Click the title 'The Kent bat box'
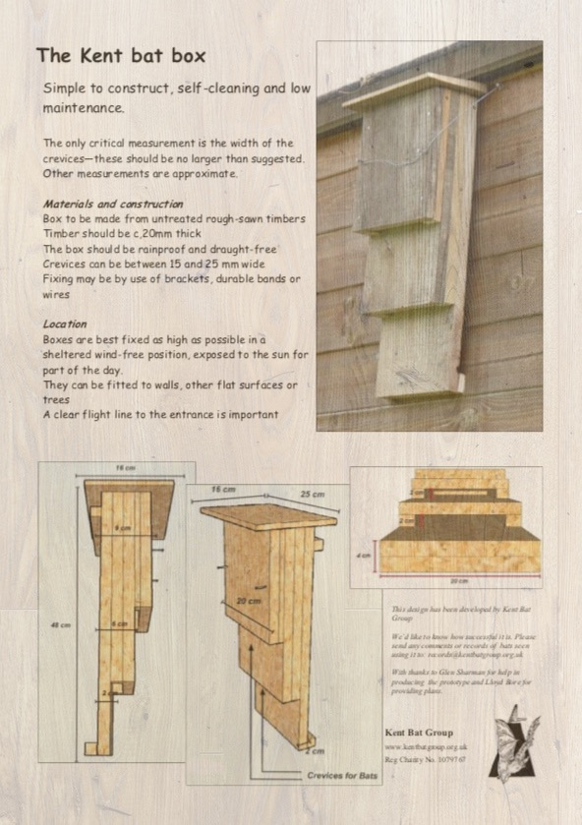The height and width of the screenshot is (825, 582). click(121, 55)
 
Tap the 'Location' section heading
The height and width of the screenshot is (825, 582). click(65, 324)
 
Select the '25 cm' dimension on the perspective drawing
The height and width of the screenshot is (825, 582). click(312, 494)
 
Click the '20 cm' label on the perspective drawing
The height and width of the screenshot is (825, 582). click(248, 601)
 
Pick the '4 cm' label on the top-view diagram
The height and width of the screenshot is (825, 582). click(364, 556)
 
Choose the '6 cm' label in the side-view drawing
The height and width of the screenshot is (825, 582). click(120, 624)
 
